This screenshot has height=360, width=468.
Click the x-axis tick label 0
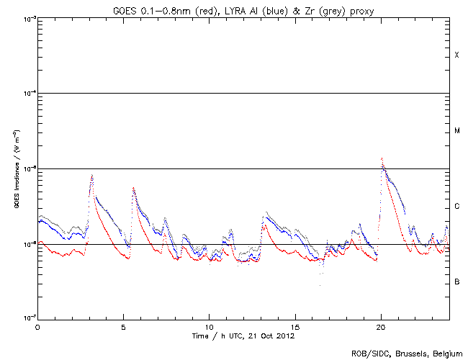[37, 326]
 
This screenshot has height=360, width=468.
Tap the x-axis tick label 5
[123, 326]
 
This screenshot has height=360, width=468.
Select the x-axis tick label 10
[209, 326]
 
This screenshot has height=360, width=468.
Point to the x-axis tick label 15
[294, 326]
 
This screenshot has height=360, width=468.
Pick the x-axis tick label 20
[381, 326]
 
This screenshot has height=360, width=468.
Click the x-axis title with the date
[243, 336]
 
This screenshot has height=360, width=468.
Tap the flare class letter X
[456, 55]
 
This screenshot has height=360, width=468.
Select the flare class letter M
[456, 131]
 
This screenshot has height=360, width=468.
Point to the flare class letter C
[456, 207]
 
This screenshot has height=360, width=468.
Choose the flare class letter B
[456, 282]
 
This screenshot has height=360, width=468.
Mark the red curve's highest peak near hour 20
[382, 158]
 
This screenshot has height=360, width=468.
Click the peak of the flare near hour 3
[92, 175]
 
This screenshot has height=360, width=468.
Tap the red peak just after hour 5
[133, 188]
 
